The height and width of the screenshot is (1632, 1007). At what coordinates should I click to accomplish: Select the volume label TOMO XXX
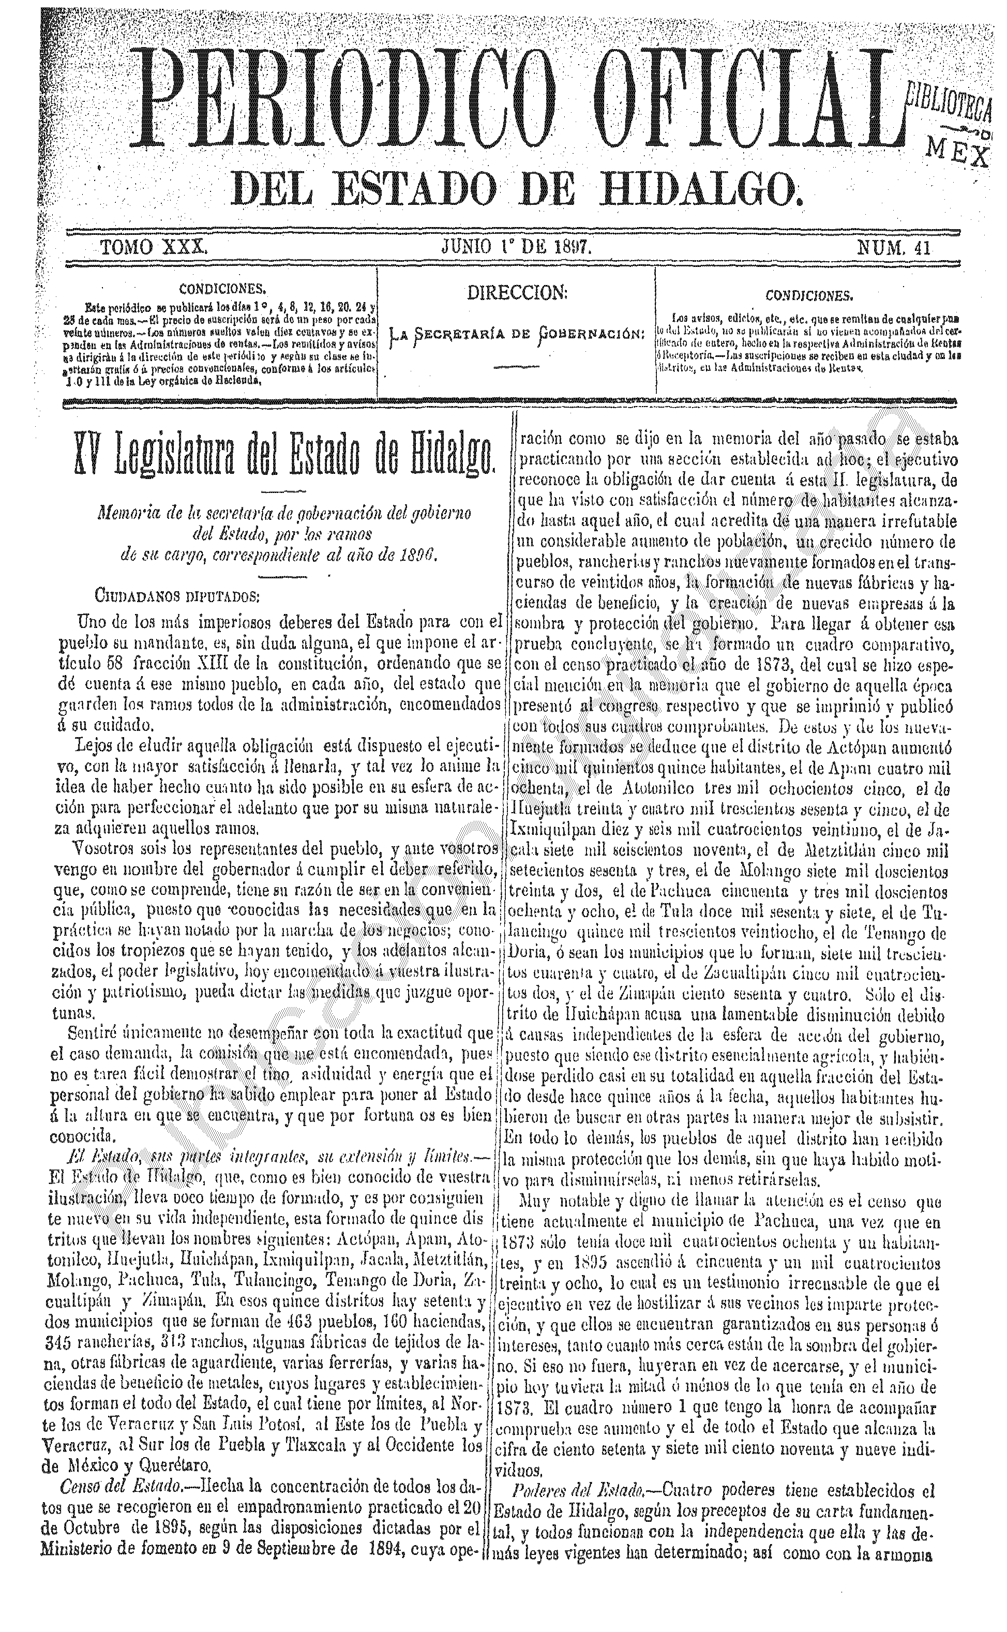point(154,248)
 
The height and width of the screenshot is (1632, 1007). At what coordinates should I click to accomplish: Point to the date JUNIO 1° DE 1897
point(516,248)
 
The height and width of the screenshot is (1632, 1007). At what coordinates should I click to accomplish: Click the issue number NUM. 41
point(893,248)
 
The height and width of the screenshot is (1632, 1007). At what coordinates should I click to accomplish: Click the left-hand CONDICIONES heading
point(223,289)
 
